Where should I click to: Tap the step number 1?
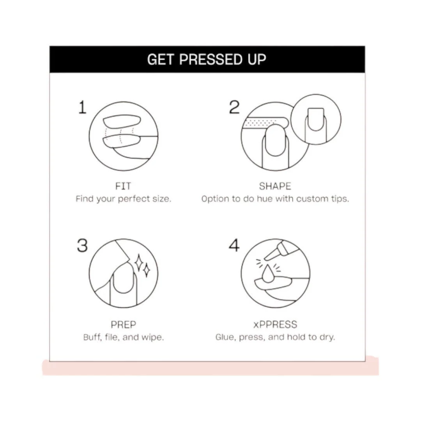point(82,108)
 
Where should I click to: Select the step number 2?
point(234,107)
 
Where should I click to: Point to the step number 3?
point(82,246)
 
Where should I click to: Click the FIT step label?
point(123,186)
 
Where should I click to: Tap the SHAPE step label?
point(275,186)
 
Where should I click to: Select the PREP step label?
point(123,325)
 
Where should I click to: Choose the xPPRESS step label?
point(275,325)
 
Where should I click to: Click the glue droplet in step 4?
point(267,274)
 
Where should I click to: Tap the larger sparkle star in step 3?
point(138,263)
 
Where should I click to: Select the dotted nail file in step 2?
point(265,123)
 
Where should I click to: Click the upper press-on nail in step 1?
point(122,122)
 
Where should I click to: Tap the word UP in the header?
point(256,59)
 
